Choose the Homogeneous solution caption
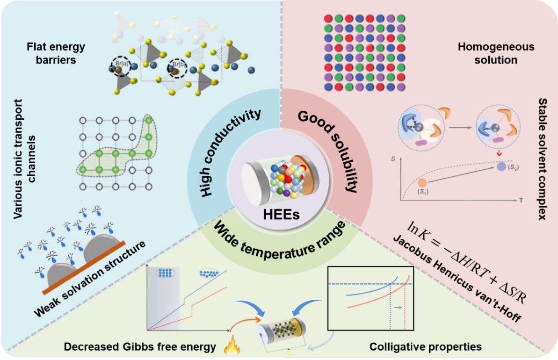pyautogui.click(x=495, y=53)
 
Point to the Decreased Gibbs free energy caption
pyautogui.click(x=140, y=347)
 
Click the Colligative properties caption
pyautogui.click(x=426, y=347)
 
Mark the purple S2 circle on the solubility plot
pyautogui.click(x=502, y=166)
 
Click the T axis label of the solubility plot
pyautogui.click(x=521, y=201)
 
